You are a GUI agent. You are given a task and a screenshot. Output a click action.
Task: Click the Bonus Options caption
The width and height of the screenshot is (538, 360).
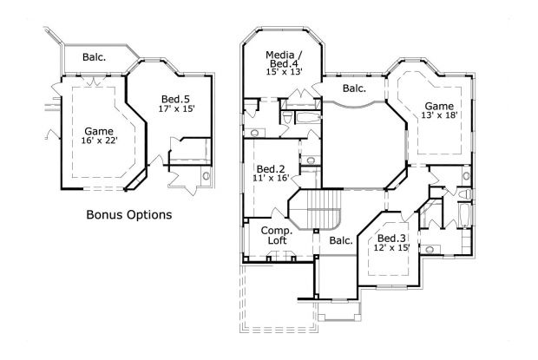(128, 213)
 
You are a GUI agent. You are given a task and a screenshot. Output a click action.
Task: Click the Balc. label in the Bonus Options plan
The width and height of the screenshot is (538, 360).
(95, 58)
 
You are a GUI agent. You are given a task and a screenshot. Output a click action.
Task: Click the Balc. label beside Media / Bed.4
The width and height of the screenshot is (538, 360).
(353, 88)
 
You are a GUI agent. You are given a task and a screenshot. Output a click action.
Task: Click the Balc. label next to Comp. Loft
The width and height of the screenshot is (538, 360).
(340, 240)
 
